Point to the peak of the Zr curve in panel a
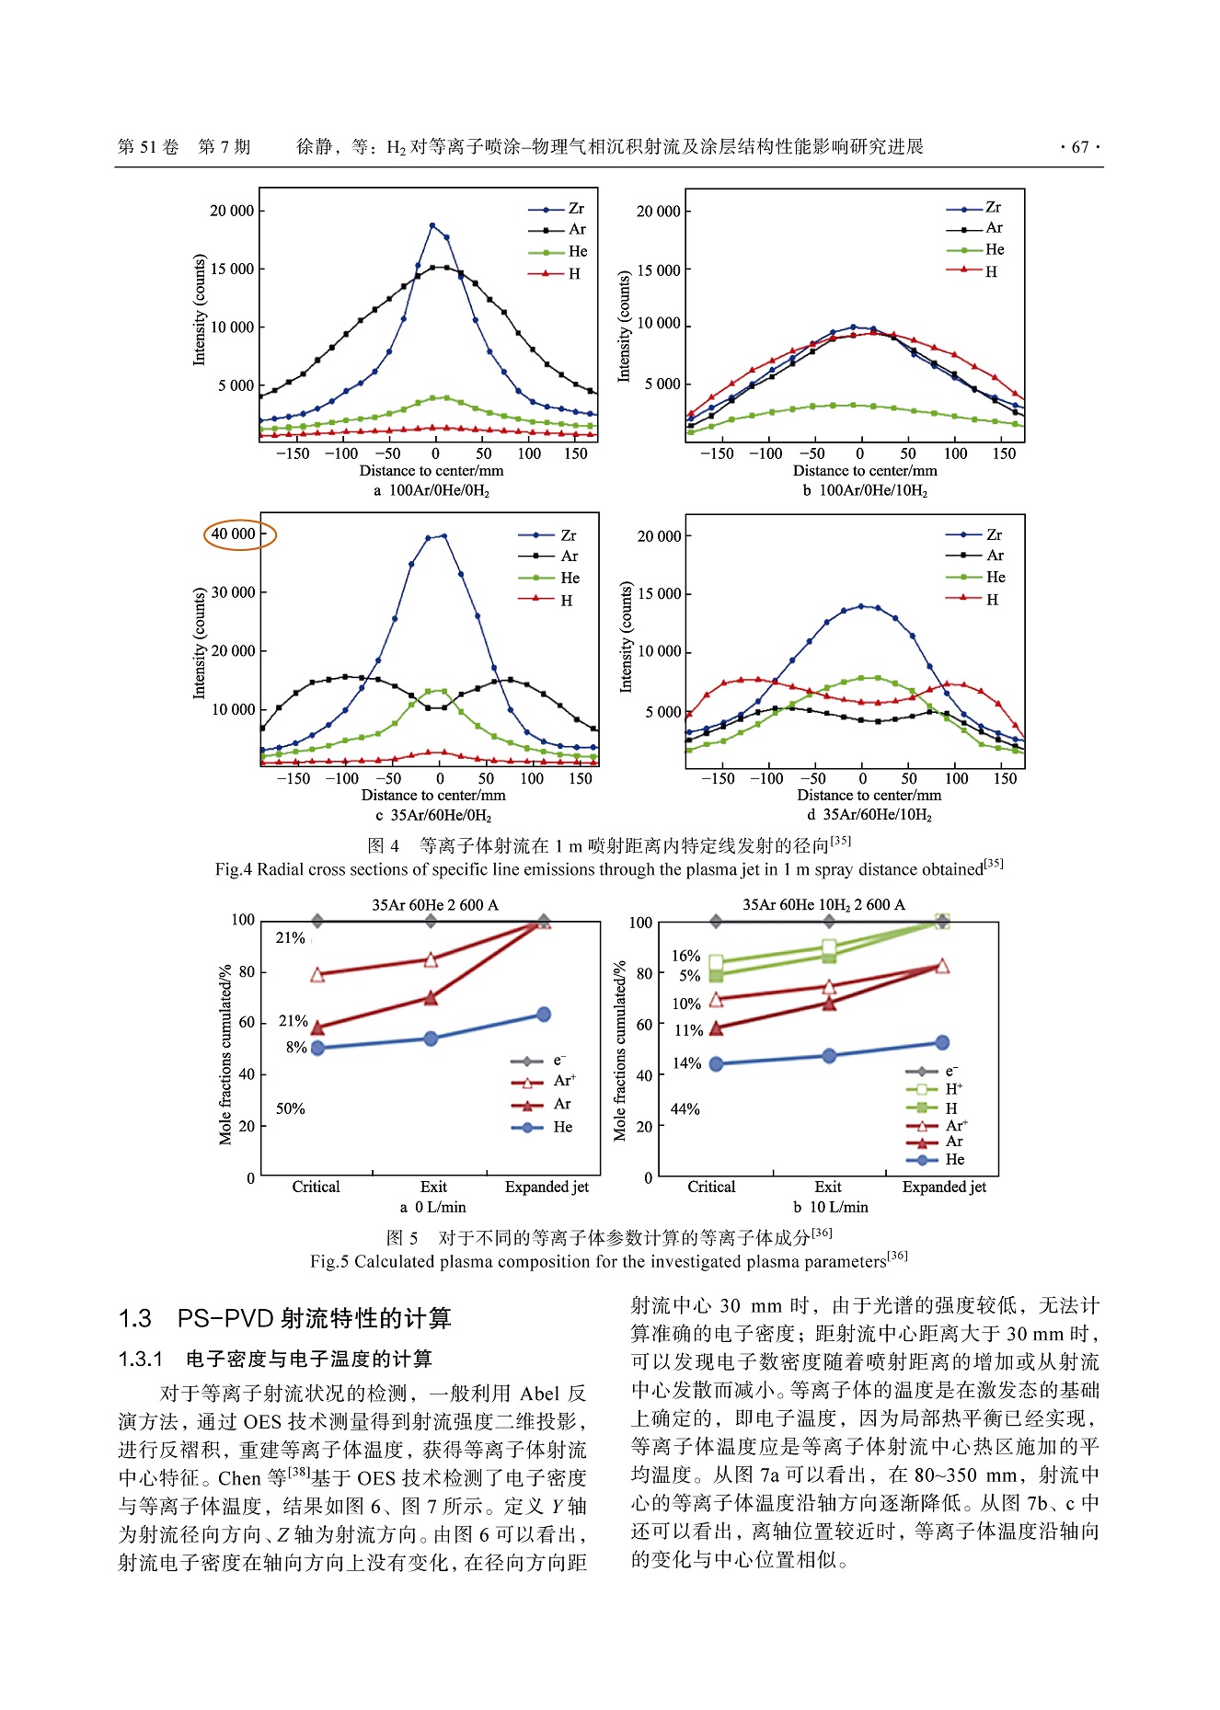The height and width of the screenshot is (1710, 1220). click(432, 224)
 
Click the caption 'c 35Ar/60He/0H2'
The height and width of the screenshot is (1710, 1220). click(433, 815)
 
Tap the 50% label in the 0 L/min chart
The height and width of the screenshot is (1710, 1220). click(290, 1108)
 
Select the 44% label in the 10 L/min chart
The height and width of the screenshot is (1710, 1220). click(685, 1108)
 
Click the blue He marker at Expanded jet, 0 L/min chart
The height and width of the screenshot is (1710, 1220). click(544, 1014)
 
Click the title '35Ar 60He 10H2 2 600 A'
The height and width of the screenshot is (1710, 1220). click(823, 904)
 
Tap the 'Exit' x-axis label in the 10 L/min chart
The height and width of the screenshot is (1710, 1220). click(828, 1187)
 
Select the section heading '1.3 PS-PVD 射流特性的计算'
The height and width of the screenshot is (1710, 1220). click(285, 1318)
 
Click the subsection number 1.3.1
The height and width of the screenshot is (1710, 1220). click(141, 1359)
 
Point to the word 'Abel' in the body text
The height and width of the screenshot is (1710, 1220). click(540, 1394)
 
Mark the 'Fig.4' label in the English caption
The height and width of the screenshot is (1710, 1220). click(233, 869)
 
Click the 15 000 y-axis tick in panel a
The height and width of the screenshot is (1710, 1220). click(232, 269)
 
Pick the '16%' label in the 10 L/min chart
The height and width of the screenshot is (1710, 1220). click(685, 956)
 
